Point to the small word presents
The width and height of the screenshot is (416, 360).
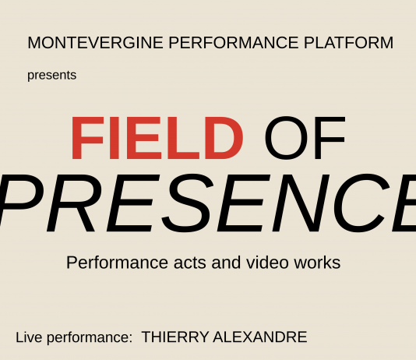[51, 76]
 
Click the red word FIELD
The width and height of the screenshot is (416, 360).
[157, 139]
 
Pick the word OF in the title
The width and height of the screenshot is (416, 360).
[305, 139]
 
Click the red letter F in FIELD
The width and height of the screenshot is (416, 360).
[85, 139]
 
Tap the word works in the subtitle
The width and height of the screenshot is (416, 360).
[317, 263]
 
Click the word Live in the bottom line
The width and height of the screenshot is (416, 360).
[29, 337]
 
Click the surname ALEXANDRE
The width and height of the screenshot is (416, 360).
[260, 337]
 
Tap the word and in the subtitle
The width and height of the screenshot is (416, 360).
[226, 263]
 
